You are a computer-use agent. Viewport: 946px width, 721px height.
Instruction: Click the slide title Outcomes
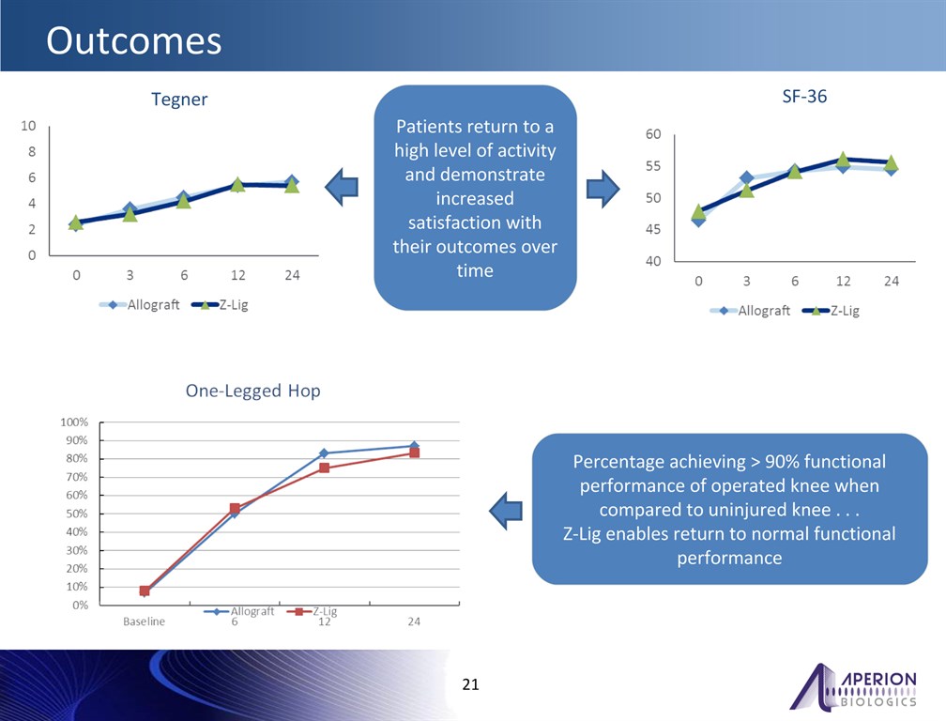tap(134, 40)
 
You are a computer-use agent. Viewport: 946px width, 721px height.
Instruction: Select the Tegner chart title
tap(179, 100)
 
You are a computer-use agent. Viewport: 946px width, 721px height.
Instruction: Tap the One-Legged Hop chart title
tap(252, 391)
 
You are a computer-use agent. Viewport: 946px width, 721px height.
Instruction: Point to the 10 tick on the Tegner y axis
tap(29, 126)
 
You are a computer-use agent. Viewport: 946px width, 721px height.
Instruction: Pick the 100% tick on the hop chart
tap(74, 422)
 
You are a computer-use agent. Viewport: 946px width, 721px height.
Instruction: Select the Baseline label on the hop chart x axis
tap(145, 621)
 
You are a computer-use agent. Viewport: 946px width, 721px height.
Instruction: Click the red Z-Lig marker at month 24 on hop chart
tap(414, 453)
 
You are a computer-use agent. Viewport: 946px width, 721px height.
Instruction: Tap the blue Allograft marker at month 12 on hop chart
tap(324, 453)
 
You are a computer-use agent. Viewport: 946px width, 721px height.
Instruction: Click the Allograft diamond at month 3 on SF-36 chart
tap(746, 177)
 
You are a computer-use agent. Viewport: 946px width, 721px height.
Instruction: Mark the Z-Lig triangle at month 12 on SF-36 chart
tap(843, 160)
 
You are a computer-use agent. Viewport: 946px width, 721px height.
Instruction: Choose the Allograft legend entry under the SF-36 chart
tap(751, 311)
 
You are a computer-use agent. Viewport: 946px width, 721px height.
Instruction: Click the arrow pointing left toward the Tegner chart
tap(343, 188)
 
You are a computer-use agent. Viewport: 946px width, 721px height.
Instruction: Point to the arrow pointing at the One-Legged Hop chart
tap(507, 510)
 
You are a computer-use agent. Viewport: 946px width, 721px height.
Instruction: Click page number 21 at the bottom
tap(471, 684)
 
